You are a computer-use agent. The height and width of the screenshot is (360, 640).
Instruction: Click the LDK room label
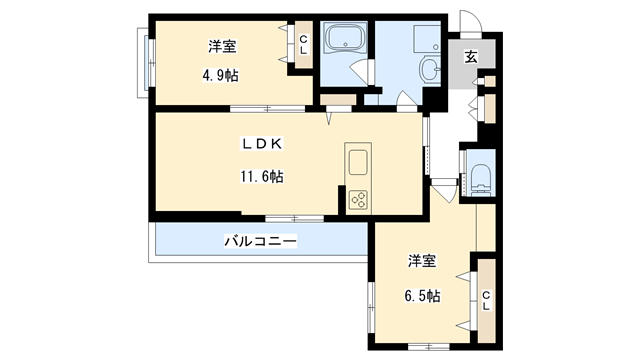pos(262,144)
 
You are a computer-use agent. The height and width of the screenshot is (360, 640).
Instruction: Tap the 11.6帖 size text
pos(262,176)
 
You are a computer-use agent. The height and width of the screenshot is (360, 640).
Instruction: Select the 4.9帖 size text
pos(220,76)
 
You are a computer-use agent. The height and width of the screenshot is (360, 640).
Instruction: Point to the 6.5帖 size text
pos(422,296)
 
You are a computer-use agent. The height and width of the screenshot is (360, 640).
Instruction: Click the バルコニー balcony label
pos(260,241)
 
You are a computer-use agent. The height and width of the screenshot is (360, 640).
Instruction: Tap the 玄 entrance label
pos(471,57)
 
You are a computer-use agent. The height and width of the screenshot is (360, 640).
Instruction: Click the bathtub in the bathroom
pos(345,38)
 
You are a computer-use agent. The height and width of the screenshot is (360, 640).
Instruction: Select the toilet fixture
pos(480,178)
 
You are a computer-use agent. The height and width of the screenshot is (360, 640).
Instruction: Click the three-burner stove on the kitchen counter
pos(358,200)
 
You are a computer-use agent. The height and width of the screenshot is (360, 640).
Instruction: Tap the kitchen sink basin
pos(358,162)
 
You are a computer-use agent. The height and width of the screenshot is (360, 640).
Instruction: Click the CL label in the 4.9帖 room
pos(303,44)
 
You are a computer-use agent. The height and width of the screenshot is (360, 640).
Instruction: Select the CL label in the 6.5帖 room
pos(486,300)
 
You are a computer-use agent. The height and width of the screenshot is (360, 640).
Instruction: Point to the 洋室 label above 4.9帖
pos(222,46)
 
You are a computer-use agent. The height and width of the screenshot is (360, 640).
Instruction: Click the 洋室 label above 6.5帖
pos(422,261)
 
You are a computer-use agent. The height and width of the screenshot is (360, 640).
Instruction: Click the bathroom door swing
pos(358,71)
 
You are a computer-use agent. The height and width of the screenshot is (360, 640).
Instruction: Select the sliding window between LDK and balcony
pos(294,219)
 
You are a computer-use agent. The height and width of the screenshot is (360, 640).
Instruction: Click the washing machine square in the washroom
pos(427,39)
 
